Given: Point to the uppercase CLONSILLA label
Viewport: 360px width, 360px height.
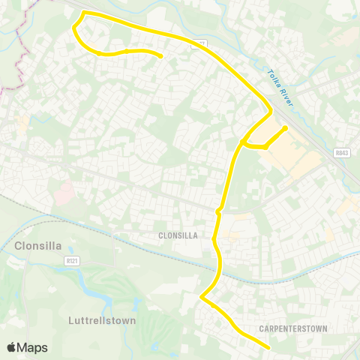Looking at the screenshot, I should [178, 235].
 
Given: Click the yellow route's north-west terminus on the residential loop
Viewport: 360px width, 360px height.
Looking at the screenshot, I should [161, 55].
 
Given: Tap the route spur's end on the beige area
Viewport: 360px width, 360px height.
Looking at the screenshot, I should [286, 128].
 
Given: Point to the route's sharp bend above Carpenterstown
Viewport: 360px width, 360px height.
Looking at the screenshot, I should [201, 298].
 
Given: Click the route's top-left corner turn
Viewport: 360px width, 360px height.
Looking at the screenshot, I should [82, 13].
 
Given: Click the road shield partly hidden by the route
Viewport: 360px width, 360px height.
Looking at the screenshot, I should [199, 43].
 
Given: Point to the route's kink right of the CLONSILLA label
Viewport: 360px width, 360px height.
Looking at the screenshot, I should [217, 213].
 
